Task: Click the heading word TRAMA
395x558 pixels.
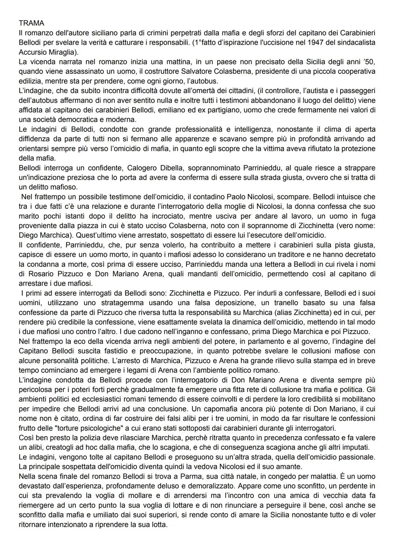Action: tap(31, 23)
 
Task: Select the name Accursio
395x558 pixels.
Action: tap(32, 52)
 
